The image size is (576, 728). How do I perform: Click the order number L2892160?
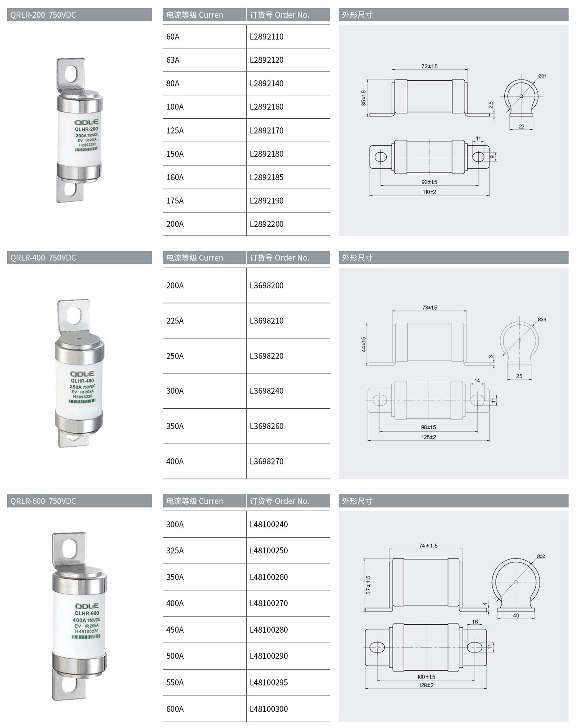pos(266,107)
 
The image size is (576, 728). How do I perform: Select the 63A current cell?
pos(173,60)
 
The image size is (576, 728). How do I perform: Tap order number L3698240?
pos(266,391)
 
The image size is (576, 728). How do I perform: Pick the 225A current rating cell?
pos(175,321)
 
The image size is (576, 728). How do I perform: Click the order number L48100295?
pos(269,682)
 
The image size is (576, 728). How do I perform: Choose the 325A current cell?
pos(175,551)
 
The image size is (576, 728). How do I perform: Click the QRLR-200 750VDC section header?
pos(43,15)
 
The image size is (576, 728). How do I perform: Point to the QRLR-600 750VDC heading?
pos(43,501)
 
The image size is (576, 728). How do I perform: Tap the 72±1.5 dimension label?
pos(429,66)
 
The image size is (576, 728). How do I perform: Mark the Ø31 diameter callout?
pos(542,76)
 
